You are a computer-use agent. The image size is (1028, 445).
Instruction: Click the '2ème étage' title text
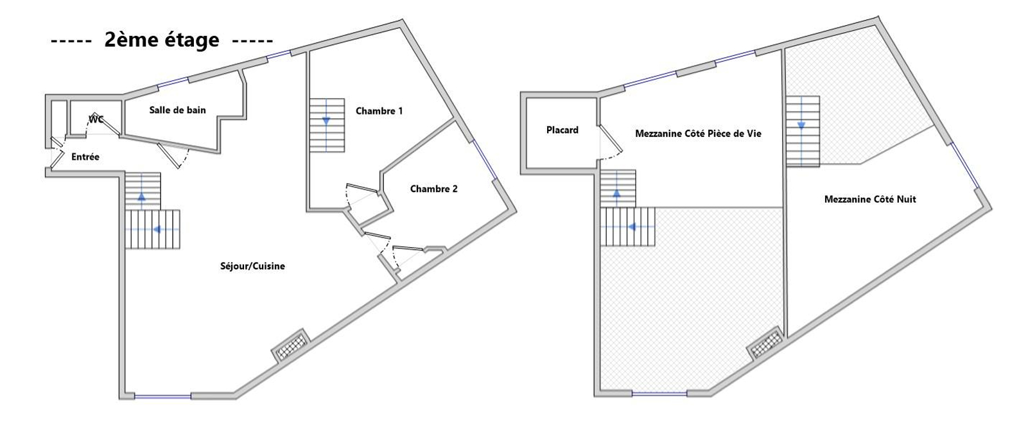(162, 40)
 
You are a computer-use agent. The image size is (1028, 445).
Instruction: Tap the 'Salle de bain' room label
(178, 110)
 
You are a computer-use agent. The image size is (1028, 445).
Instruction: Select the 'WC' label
(96, 119)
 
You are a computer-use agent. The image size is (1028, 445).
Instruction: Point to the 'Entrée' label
(85, 157)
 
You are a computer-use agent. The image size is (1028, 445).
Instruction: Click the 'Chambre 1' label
(379, 111)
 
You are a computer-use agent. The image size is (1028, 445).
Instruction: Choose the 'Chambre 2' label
(433, 189)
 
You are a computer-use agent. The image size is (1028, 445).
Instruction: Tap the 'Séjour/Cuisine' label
(252, 266)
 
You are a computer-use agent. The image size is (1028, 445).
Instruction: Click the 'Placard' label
(562, 130)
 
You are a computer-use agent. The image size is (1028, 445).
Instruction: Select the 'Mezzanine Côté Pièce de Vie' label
(698, 134)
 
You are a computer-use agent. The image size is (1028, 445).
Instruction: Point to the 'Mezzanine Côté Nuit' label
(870, 199)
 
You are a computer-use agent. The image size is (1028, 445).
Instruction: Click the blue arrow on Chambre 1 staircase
(326, 121)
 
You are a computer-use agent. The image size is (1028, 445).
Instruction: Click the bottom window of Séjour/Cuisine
(163, 396)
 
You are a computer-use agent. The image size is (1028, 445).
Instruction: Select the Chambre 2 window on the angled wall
(485, 159)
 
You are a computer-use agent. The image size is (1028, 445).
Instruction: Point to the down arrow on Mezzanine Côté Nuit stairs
(802, 125)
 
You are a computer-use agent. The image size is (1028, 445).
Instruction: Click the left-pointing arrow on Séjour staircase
(158, 229)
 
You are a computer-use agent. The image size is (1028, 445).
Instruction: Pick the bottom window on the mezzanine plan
(659, 393)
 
